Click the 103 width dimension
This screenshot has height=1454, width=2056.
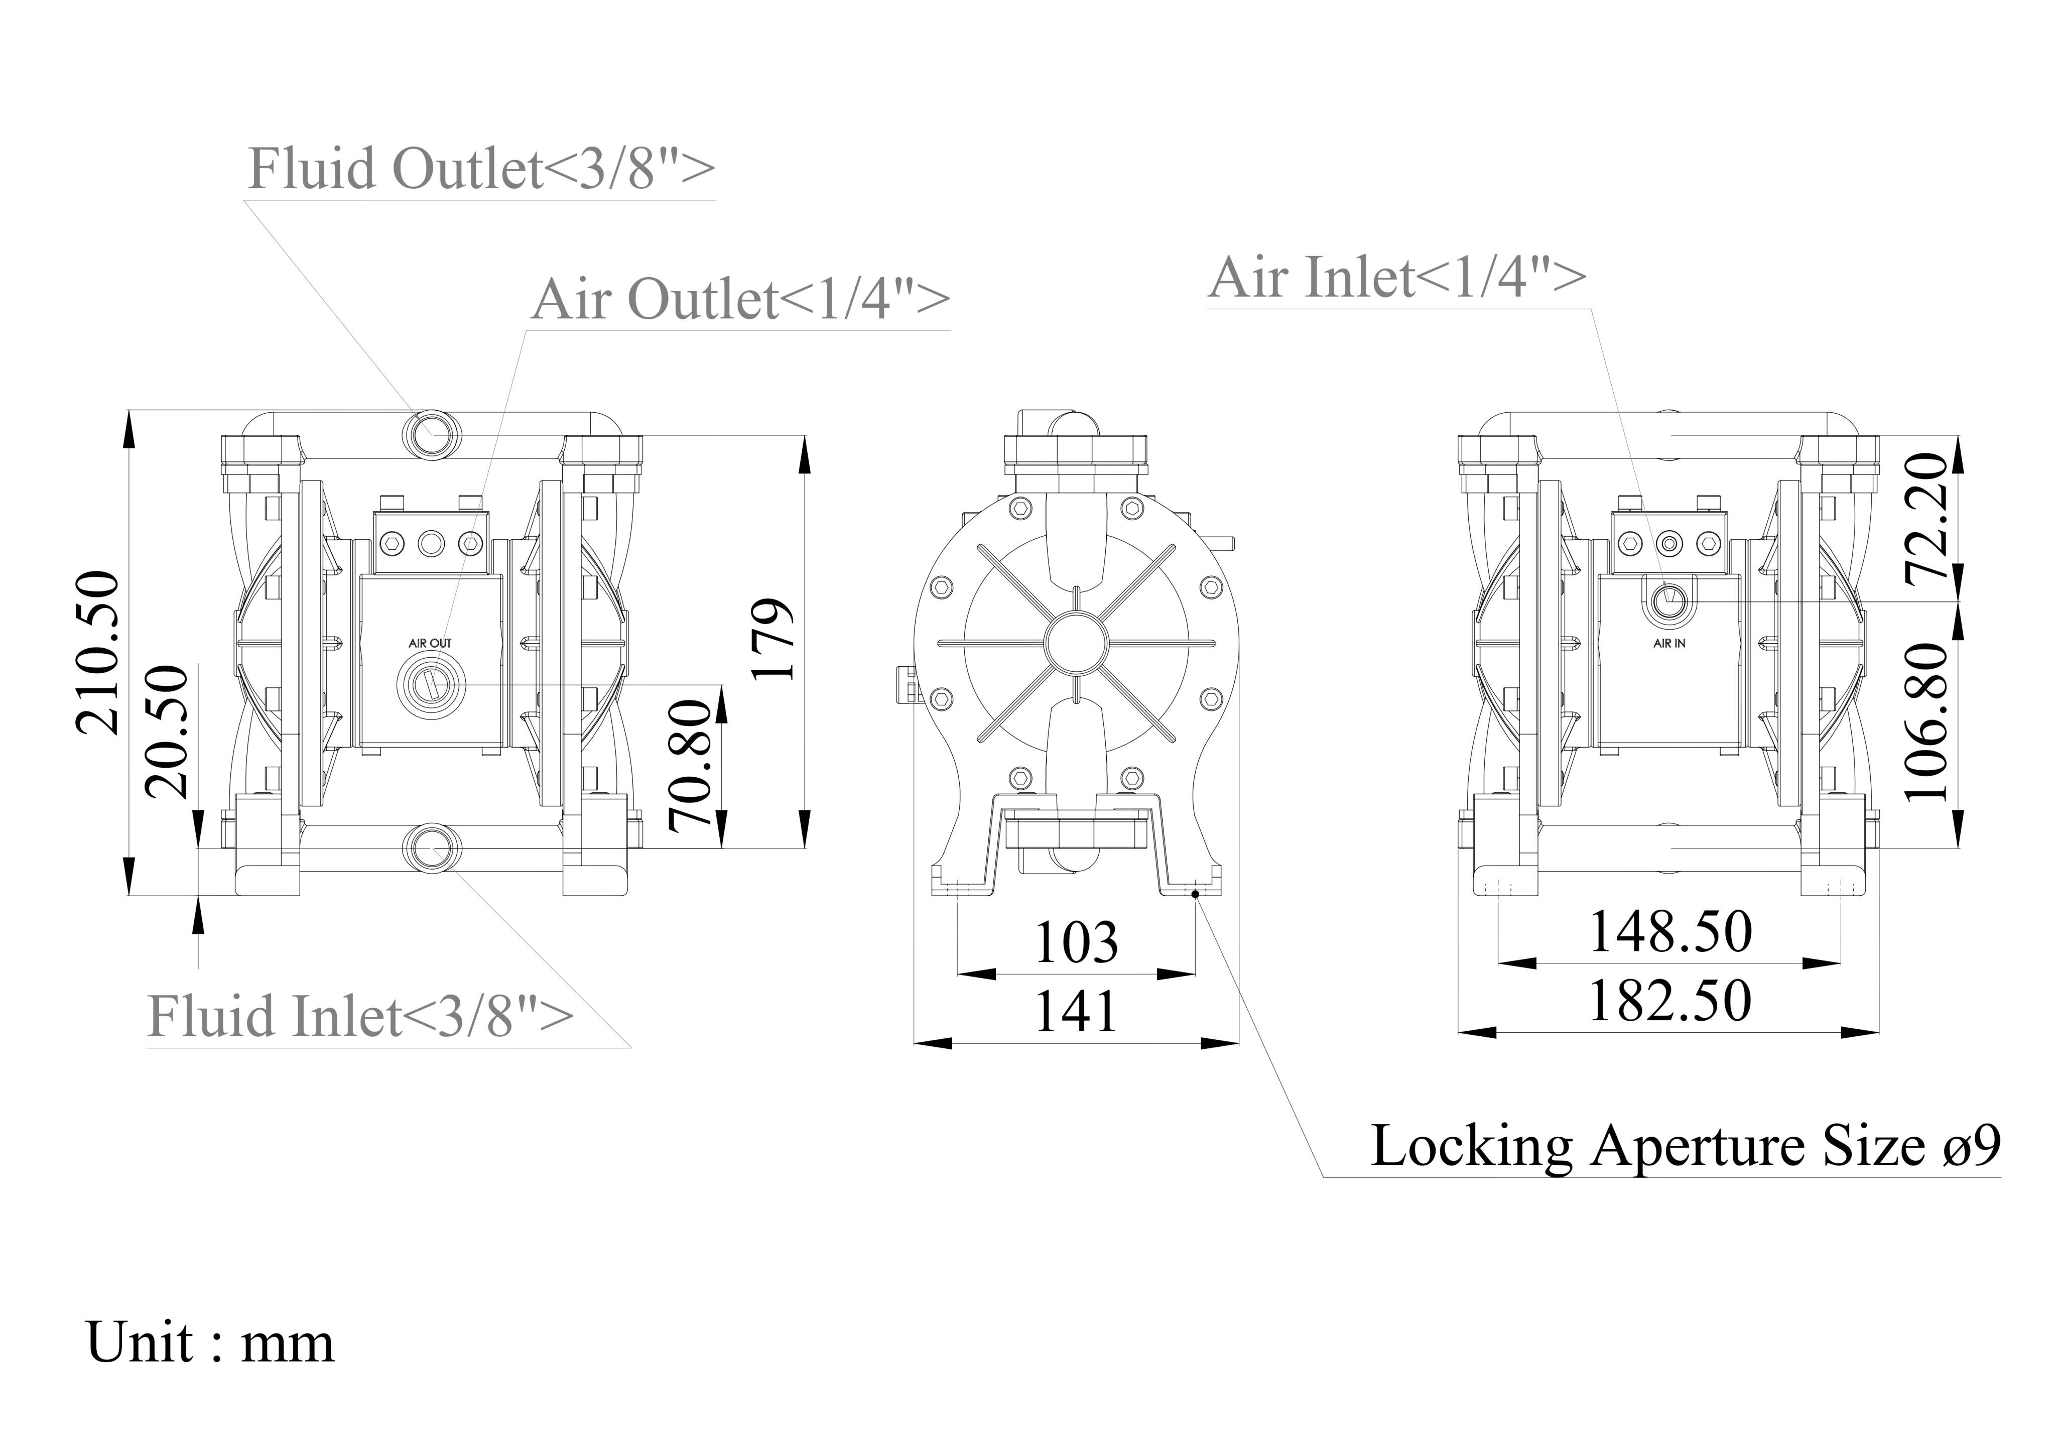(x=1076, y=942)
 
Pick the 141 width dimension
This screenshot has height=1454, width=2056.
(x=1076, y=1012)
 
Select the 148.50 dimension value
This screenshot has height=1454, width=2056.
(x=1670, y=932)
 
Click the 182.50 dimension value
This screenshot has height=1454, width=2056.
(x=1670, y=1001)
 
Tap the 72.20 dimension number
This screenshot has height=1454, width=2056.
(x=1927, y=518)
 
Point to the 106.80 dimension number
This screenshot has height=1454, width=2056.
(x=1927, y=722)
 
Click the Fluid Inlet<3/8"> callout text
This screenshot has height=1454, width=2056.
(x=360, y=1016)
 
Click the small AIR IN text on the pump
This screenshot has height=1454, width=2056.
(x=1669, y=643)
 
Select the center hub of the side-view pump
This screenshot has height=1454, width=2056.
(x=1076, y=642)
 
